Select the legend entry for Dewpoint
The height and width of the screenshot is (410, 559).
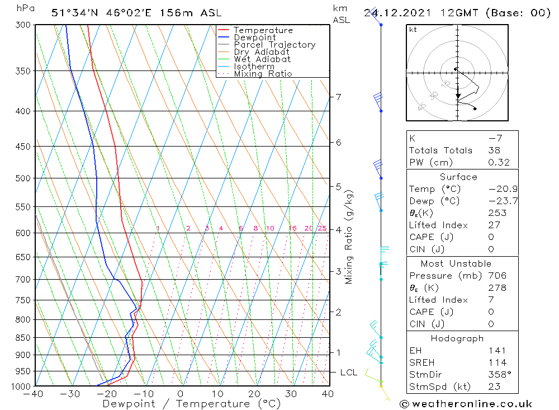click(x=254, y=37)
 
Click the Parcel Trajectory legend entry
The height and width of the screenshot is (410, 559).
click(x=274, y=45)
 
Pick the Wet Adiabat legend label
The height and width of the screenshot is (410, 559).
click(x=262, y=59)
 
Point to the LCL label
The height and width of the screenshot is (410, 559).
click(x=349, y=372)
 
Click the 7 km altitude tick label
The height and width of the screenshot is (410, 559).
click(x=338, y=97)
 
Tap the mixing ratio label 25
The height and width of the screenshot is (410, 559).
click(x=322, y=228)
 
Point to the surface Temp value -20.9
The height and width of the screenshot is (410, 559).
click(x=503, y=189)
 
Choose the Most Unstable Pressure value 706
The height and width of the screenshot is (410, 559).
click(x=497, y=276)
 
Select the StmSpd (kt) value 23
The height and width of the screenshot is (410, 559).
click(x=494, y=387)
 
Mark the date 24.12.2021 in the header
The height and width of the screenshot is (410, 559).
click(x=399, y=13)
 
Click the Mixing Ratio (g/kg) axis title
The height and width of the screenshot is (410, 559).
click(x=349, y=237)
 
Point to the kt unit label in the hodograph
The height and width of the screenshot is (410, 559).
click(x=413, y=30)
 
